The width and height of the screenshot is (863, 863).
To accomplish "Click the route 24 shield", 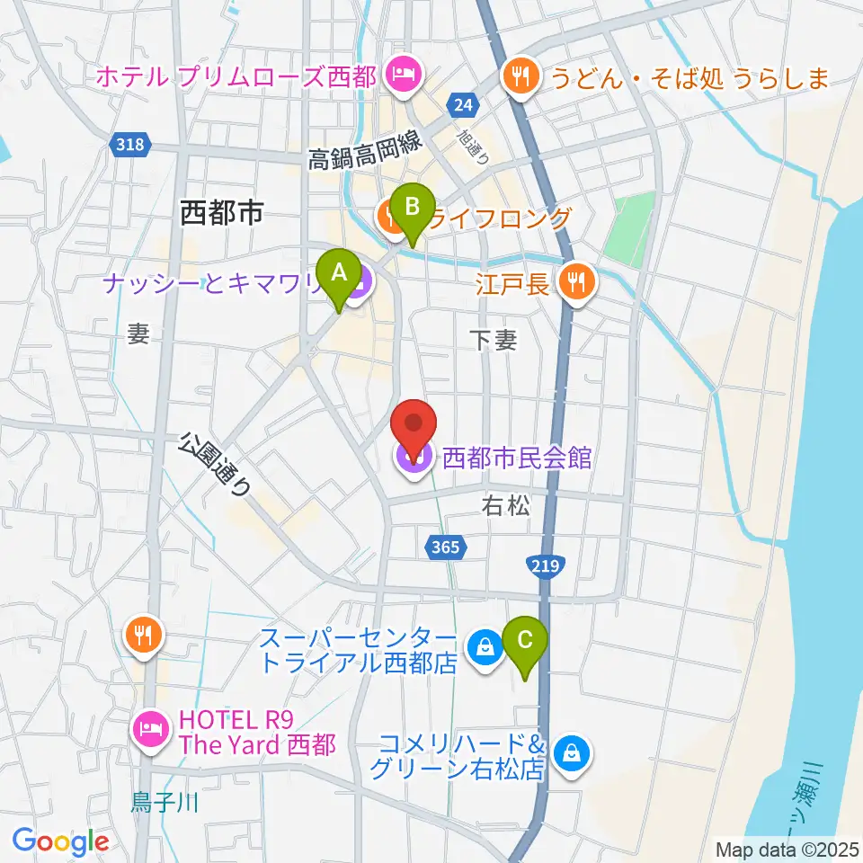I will (463, 106).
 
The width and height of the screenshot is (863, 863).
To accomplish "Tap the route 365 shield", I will (443, 547).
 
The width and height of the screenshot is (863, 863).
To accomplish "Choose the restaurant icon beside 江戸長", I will (574, 284).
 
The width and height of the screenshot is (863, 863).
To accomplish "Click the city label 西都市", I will (220, 213).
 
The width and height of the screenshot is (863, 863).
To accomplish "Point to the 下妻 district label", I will (493, 339).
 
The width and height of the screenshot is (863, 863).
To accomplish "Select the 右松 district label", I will (506, 506).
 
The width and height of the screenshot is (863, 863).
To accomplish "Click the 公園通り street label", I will (215, 464).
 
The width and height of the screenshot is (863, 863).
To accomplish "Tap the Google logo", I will (61, 841).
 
